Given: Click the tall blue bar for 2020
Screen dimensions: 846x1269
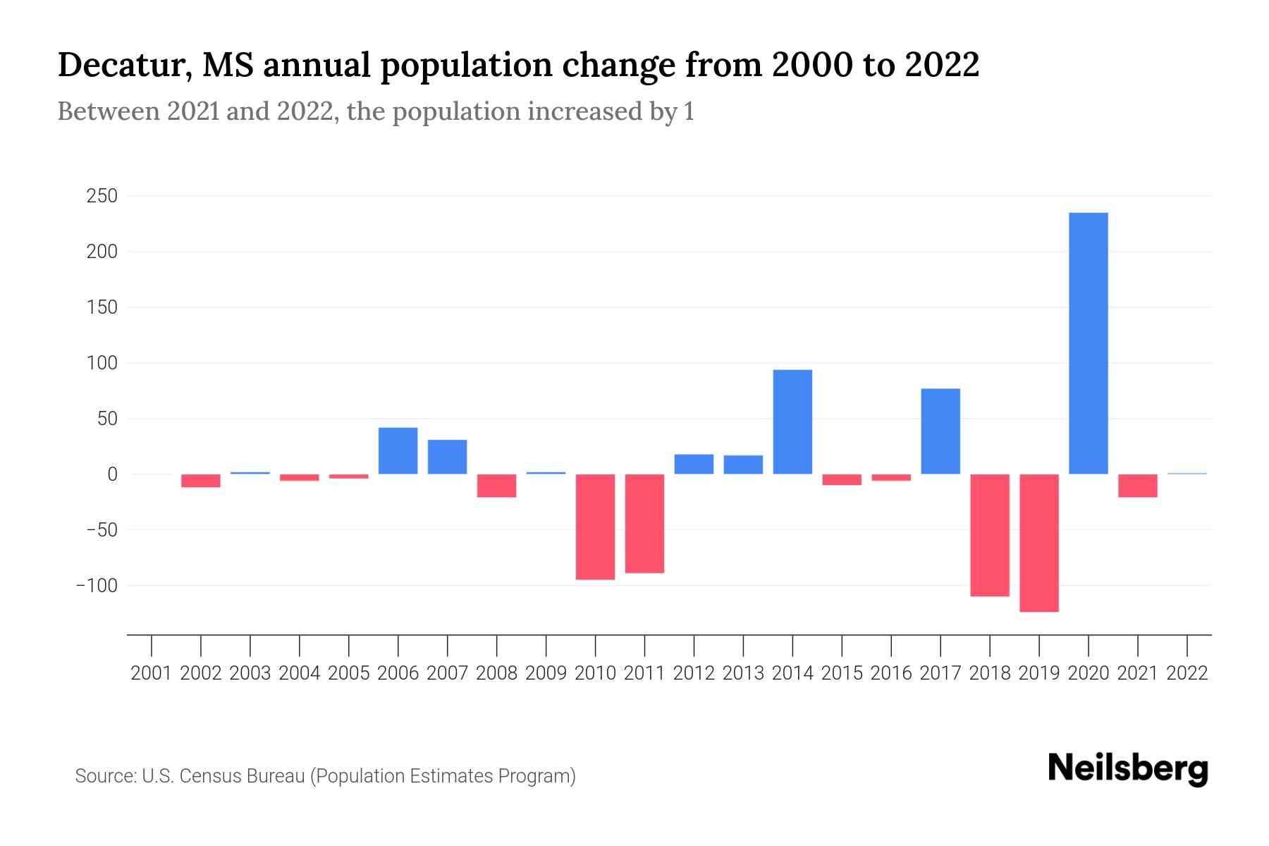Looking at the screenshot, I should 1088,343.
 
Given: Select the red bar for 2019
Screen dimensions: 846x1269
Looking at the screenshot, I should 1038,543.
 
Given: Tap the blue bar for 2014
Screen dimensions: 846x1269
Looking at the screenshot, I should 792,422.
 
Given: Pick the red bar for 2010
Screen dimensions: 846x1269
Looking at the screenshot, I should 595,527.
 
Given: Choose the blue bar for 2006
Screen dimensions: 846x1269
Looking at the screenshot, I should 398,450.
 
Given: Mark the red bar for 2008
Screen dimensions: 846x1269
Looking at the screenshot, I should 496,486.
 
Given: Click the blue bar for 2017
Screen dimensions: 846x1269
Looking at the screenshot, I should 940,431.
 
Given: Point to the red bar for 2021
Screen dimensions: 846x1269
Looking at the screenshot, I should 1137,486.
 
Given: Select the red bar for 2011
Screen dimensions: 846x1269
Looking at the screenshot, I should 644,523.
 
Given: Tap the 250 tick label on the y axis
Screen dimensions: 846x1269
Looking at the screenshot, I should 102,196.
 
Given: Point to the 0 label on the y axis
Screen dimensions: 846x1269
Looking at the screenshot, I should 111,474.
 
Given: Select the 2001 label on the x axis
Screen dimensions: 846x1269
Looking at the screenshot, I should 152,673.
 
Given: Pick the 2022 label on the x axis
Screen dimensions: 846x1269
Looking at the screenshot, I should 1187,673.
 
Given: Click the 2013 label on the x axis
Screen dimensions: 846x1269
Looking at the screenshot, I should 743,673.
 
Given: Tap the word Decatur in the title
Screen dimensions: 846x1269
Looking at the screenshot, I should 121,66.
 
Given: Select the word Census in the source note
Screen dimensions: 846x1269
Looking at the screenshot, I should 211,776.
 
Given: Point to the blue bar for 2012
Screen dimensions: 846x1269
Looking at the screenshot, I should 694,464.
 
